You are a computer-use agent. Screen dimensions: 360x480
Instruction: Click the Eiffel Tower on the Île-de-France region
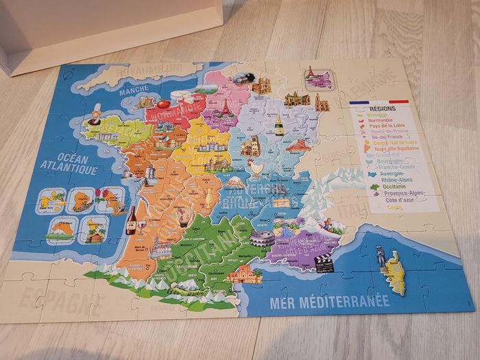click(x=225, y=108)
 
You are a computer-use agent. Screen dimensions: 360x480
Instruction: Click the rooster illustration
click(x=255, y=166)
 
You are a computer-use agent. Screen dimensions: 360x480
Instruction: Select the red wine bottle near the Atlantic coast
click(x=130, y=221)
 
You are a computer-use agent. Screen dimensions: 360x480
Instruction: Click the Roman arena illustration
click(x=260, y=239)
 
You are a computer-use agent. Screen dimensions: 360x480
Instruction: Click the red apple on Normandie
click(x=163, y=105)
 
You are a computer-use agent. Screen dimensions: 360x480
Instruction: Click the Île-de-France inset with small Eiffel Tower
click(x=317, y=77)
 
